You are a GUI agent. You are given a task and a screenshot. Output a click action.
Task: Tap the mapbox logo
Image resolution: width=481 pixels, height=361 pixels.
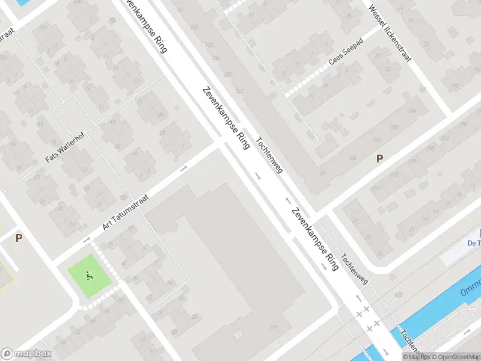pos(26,354)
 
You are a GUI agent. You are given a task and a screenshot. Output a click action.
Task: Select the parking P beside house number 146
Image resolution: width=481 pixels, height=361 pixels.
pos(379,158)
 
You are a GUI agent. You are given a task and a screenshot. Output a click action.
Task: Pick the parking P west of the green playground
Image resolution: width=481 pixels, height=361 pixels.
pos(19,238)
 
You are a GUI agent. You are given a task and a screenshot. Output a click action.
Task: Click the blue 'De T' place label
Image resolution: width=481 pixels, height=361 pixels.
pos(473,242)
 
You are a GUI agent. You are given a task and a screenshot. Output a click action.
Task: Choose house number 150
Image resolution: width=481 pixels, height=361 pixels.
pos(394,128)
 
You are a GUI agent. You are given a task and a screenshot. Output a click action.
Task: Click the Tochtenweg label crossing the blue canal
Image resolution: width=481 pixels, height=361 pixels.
pos(412,344)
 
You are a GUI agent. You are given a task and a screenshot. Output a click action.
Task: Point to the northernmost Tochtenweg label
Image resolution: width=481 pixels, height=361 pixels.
pos(269,156)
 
